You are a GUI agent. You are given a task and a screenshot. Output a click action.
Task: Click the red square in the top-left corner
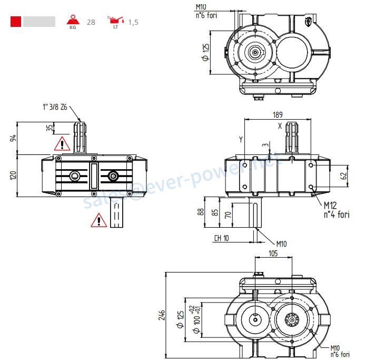[16, 22]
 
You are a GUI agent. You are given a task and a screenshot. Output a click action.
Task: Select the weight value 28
[91, 22]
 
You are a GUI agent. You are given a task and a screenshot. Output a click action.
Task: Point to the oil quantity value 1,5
[133, 22]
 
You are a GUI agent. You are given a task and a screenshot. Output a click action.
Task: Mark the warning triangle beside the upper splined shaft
[62, 143]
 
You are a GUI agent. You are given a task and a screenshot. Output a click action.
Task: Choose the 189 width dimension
[278, 114]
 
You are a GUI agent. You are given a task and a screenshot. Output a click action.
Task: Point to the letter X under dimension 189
[280, 125]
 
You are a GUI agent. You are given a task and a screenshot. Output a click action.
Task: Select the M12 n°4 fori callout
[336, 209]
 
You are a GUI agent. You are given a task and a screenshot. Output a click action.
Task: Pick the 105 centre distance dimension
[272, 254]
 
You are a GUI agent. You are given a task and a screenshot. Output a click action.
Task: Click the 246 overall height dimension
[162, 315]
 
